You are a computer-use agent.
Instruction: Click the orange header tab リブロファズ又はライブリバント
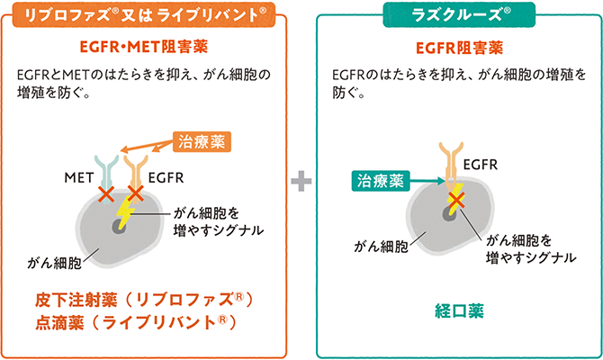tap(146, 14)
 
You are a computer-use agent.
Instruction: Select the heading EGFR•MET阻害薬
tap(146, 47)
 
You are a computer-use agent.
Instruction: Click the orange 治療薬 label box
tap(202, 140)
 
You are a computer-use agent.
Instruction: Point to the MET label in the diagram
tap(79, 176)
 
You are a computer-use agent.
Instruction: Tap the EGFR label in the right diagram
tap(481, 164)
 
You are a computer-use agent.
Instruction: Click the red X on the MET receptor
tap(107, 193)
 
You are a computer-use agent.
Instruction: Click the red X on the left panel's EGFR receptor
tap(137, 193)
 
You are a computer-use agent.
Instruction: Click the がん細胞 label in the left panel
tap(54, 263)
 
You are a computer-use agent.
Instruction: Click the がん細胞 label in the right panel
tap(382, 245)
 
